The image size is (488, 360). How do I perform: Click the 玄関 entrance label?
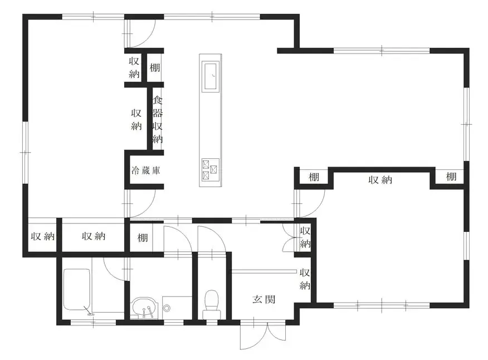click(x=264, y=300)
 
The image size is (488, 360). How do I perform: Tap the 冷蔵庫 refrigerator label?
click(x=145, y=171)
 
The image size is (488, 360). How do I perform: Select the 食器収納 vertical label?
click(x=158, y=120)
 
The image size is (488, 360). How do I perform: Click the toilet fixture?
click(x=212, y=304)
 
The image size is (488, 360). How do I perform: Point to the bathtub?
click(x=77, y=290)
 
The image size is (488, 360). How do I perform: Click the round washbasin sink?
click(x=144, y=308)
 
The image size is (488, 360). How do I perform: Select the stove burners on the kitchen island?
click(x=210, y=169)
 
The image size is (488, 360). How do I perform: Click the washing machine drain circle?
click(x=167, y=308)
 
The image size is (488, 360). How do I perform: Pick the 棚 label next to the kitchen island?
click(x=155, y=67)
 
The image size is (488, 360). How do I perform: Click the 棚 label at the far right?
click(x=451, y=177)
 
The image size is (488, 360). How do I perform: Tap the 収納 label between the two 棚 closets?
click(x=380, y=180)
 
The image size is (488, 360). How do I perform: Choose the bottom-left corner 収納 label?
click(x=43, y=236)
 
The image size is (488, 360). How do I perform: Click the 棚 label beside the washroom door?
click(x=143, y=238)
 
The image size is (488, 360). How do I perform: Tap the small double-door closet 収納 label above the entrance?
click(x=305, y=237)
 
